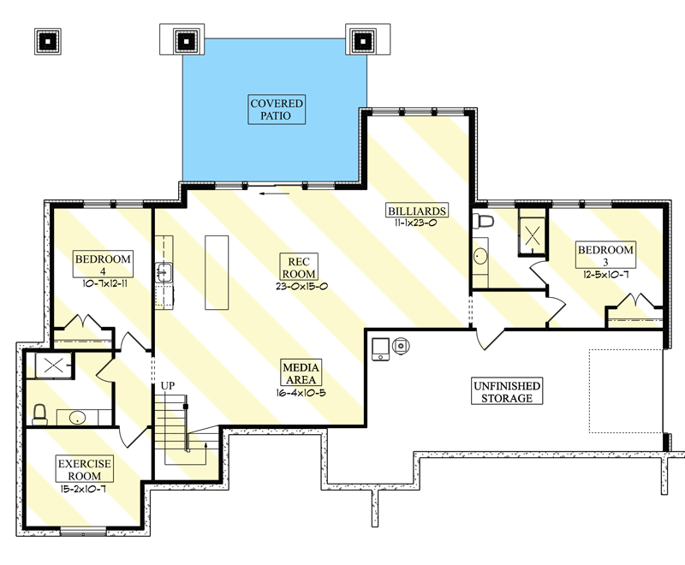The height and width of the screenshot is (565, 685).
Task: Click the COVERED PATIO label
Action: point(277,110)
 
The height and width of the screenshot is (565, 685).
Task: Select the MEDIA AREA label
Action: point(302,374)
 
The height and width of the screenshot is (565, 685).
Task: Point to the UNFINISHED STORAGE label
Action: point(507,392)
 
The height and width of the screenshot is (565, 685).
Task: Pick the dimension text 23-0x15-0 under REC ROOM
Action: point(302,286)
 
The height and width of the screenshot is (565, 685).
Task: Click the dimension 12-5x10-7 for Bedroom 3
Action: point(606,276)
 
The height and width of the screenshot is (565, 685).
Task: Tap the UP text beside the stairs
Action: point(168,387)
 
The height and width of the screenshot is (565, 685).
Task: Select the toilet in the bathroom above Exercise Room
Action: point(39,414)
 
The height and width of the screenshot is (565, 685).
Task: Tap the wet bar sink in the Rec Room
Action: point(164,274)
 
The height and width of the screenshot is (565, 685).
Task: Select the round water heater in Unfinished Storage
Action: point(401,346)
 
